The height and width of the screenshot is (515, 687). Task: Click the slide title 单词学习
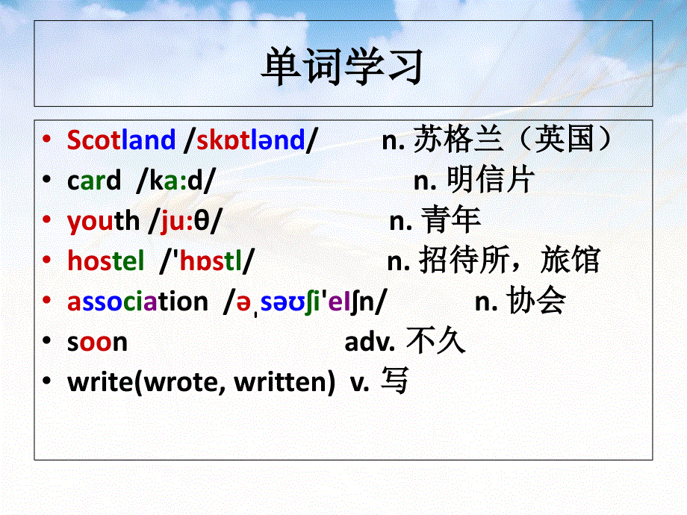(343, 65)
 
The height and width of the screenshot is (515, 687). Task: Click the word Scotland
(121, 140)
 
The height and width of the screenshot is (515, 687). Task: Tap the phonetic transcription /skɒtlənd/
(251, 140)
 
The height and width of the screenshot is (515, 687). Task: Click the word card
(93, 180)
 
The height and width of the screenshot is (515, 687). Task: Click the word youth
(103, 220)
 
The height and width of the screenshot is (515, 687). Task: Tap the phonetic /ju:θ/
(185, 220)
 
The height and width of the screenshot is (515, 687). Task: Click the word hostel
(106, 260)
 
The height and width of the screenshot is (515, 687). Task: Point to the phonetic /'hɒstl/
(207, 260)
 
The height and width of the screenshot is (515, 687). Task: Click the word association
(137, 302)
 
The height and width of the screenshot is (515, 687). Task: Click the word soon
(97, 342)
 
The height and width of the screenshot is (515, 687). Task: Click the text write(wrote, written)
(201, 382)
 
